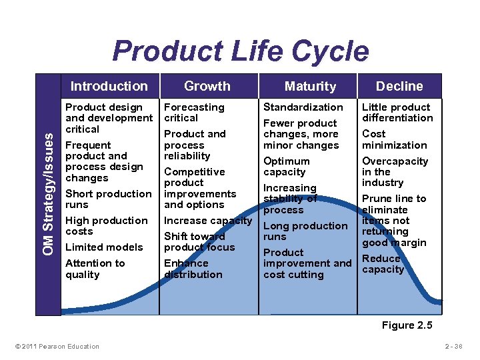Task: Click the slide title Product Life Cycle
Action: tap(240, 51)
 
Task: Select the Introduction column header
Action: tap(109, 86)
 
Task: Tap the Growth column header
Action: tap(207, 86)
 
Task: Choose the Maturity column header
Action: tap(310, 86)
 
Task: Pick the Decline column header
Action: tap(399, 86)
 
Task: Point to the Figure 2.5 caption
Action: tap(407, 325)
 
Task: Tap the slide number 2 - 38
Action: tap(457, 346)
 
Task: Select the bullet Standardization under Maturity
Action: tap(303, 107)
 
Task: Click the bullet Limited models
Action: tap(104, 247)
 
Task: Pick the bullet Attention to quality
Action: tap(95, 269)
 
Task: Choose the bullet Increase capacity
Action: tap(208, 221)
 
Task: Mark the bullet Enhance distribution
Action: tap(193, 269)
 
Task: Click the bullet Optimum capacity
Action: tap(287, 167)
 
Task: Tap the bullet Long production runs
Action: tap(305, 231)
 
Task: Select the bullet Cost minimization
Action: tap(394, 139)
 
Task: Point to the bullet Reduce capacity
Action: tap(383, 264)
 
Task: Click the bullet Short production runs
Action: tap(108, 199)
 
